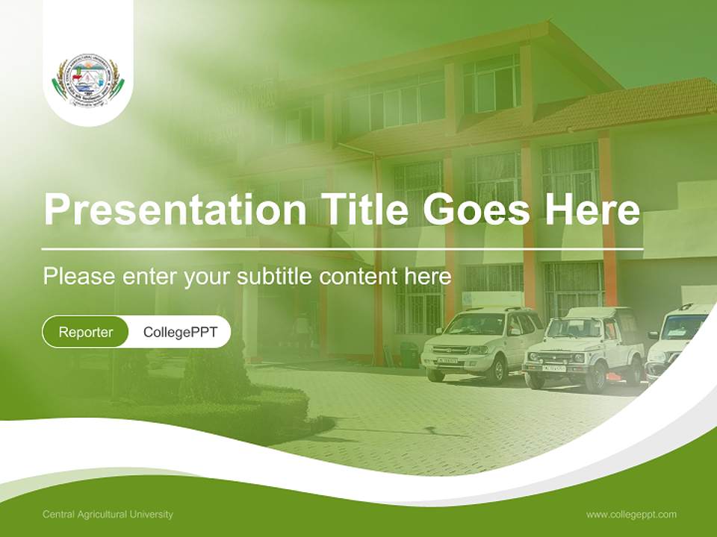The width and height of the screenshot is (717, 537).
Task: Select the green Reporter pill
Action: point(86,332)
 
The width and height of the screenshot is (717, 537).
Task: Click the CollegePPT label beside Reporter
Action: point(180,332)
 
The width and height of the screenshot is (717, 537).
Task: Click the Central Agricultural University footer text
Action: point(108,515)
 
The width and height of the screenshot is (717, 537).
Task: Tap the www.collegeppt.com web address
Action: point(631,515)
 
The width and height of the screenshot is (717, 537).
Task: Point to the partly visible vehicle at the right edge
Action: point(677,339)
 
